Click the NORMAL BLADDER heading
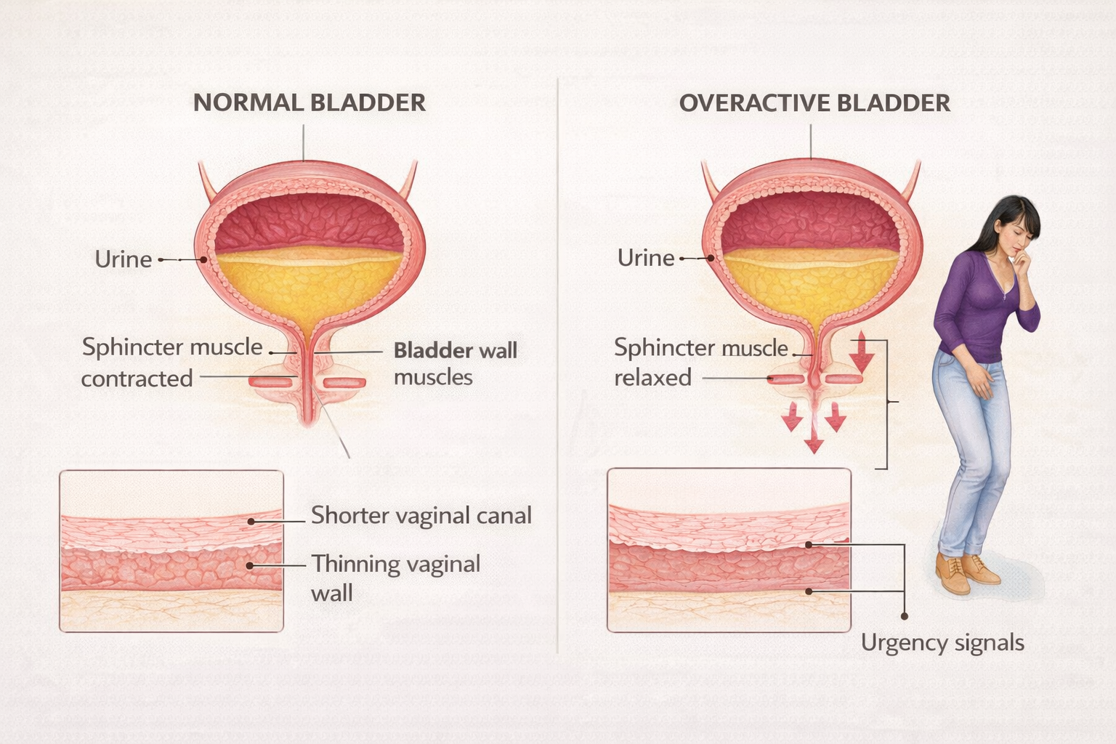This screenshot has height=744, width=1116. pyautogui.click(x=310, y=103)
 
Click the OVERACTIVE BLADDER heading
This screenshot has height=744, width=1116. pyautogui.click(x=814, y=103)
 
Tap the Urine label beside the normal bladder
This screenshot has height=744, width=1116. pyautogui.click(x=124, y=259)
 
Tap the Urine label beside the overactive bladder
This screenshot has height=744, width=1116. pyautogui.click(x=646, y=258)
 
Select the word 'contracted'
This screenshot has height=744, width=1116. pyautogui.click(x=137, y=379)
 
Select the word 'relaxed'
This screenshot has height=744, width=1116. pyautogui.click(x=652, y=378)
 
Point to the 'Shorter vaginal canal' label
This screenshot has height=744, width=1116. pyautogui.click(x=421, y=515)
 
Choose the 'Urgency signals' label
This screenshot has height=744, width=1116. pyautogui.click(x=942, y=643)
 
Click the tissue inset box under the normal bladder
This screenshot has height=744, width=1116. pyautogui.click(x=171, y=551)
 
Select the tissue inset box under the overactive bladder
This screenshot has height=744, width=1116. pyautogui.click(x=729, y=550)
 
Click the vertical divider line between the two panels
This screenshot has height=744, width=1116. pyautogui.click(x=557, y=363)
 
